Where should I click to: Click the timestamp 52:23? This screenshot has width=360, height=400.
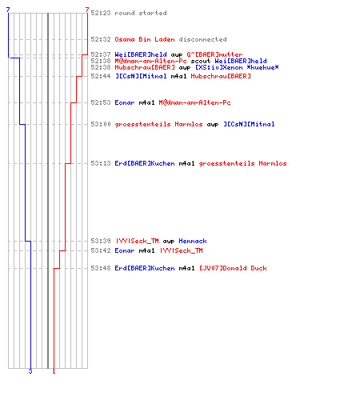click(101, 13)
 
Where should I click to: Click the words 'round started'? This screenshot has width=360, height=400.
click(141, 13)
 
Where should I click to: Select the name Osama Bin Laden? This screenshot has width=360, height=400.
click(145, 39)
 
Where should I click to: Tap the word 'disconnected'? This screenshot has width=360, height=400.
click(202, 39)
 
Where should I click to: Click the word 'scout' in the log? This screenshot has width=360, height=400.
click(201, 61)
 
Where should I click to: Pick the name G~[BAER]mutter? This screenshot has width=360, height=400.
click(214, 54)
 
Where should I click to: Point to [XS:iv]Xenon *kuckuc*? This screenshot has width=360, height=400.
click(237, 67)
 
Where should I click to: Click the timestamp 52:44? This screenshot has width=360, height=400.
click(101, 76)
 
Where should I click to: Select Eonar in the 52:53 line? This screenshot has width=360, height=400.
click(125, 102)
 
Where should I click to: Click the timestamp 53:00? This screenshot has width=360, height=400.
click(101, 124)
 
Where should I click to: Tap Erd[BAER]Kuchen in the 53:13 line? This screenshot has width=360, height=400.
click(145, 163)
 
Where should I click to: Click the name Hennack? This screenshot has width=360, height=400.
click(193, 241)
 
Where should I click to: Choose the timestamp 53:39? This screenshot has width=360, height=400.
click(101, 241)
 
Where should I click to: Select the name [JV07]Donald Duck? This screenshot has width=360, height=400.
click(233, 268)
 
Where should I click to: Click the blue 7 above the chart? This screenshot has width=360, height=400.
click(8, 10)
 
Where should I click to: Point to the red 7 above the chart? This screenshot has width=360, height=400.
click(87, 10)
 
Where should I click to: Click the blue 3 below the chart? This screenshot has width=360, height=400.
click(30, 371)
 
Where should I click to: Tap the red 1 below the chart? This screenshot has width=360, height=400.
click(54, 371)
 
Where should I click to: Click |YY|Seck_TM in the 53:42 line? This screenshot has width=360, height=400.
click(182, 250)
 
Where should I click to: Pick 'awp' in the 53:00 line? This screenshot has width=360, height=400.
click(213, 125)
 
